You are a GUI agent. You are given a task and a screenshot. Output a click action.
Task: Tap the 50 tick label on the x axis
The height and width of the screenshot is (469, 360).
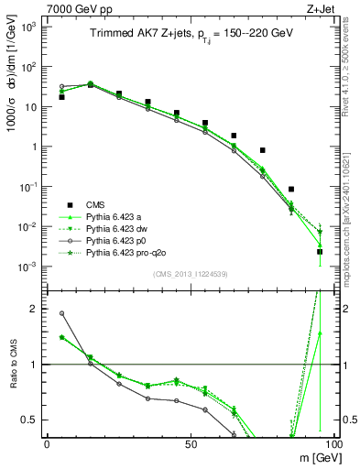(191, 444)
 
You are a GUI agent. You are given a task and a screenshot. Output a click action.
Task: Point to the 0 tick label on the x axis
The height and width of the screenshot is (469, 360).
(47, 444)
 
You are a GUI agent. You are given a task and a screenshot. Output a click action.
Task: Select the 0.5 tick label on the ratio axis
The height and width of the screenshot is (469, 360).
(29, 420)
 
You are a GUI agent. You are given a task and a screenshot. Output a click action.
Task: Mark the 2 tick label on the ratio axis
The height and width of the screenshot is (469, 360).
(34, 309)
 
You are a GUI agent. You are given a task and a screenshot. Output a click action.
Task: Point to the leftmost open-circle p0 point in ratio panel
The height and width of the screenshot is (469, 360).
(61, 313)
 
